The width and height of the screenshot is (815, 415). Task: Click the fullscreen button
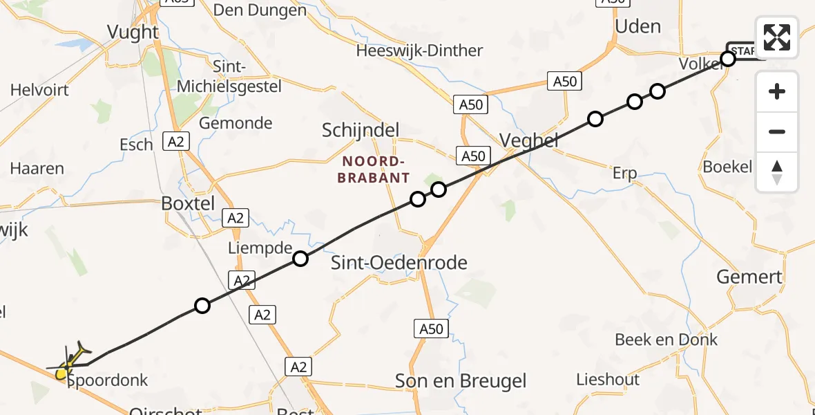[777, 37]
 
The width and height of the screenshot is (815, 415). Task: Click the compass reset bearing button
[777, 172]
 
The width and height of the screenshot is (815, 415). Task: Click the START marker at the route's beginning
[742, 50]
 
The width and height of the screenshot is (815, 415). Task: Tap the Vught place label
[133, 32]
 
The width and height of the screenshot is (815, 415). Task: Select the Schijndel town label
[361, 130]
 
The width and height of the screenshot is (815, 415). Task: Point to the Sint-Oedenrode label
[399, 262]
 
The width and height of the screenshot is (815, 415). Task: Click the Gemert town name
[749, 277]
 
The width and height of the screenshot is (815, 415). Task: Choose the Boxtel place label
[188, 203]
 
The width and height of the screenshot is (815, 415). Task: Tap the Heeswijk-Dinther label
[419, 50]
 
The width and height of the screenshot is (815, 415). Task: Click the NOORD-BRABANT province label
[375, 169]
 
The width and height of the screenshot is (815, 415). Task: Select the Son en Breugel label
[460, 380]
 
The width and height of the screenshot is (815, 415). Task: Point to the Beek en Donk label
[666, 340]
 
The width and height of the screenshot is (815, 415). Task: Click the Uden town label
[637, 26]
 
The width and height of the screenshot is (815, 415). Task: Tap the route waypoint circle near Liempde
[300, 259]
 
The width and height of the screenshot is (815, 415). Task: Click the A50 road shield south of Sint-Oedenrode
[431, 329]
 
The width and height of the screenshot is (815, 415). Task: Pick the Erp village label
[624, 173]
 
